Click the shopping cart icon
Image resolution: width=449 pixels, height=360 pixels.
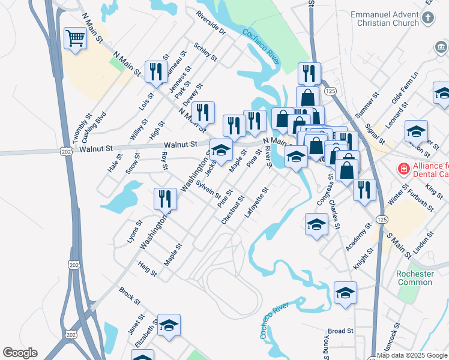(75, 39)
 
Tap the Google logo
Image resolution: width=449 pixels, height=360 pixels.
(20, 353)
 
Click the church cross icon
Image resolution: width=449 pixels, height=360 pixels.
(427, 19)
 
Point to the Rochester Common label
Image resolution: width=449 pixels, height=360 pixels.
(415, 278)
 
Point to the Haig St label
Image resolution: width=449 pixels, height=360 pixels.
(147, 268)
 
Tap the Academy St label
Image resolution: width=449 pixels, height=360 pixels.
(363, 237)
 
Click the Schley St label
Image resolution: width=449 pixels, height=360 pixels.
(205, 52)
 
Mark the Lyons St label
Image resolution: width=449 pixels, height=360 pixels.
(135, 230)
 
